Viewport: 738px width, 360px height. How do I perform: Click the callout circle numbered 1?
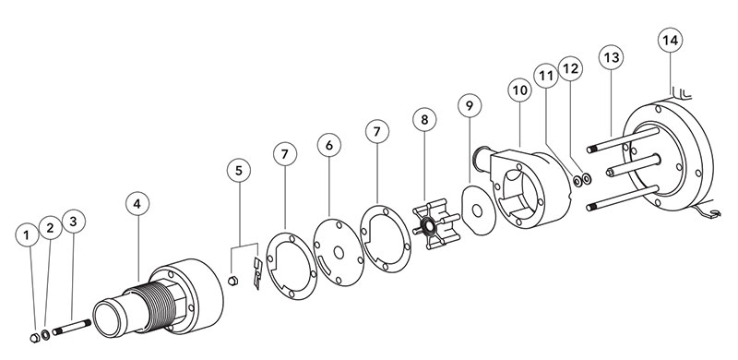[28, 234]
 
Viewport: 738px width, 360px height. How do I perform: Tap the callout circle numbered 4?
[137, 204]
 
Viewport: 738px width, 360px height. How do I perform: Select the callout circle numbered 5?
[239, 171]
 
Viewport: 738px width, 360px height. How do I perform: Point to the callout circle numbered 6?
[329, 146]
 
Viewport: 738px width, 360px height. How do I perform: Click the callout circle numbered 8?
[424, 120]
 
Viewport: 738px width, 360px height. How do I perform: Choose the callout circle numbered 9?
[470, 105]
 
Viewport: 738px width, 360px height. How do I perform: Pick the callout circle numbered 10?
[520, 90]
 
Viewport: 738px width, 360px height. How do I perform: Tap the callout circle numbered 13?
[611, 57]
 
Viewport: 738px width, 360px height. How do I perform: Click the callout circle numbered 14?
[670, 40]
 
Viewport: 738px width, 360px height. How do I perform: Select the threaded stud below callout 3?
[72, 327]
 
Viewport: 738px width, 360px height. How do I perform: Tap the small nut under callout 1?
[34, 337]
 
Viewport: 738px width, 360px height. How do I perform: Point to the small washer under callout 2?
[46, 335]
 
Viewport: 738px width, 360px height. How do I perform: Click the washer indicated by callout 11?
[577, 181]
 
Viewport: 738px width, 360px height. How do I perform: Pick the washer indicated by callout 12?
[587, 178]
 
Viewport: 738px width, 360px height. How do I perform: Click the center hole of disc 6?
[339, 253]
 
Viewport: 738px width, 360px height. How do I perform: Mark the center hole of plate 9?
[477, 210]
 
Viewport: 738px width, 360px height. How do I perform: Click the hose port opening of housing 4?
[109, 319]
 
